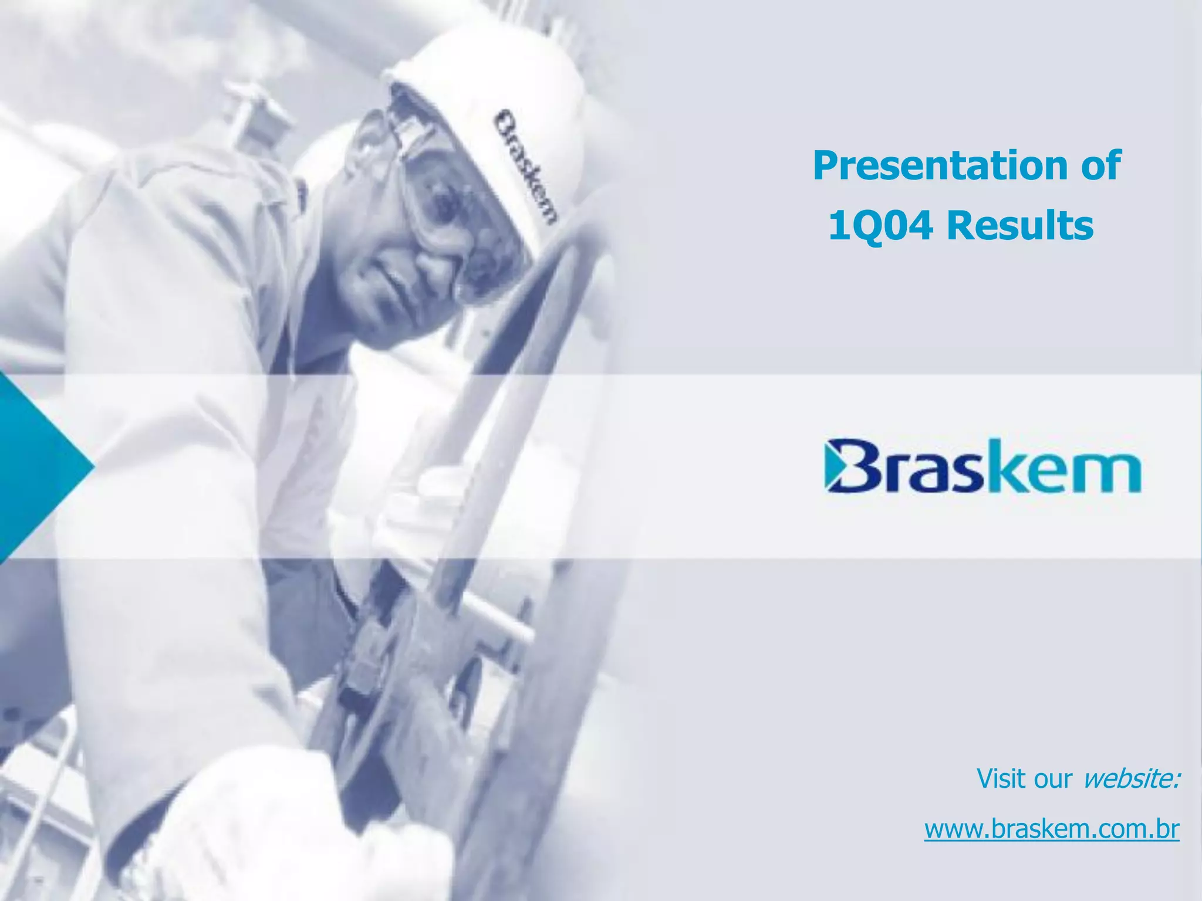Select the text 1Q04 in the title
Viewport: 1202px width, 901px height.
pos(880,226)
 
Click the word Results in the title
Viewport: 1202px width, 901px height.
pos(1021,226)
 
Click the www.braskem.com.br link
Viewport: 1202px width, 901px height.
pos(1052,829)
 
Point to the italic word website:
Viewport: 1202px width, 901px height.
pos(1130,779)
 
